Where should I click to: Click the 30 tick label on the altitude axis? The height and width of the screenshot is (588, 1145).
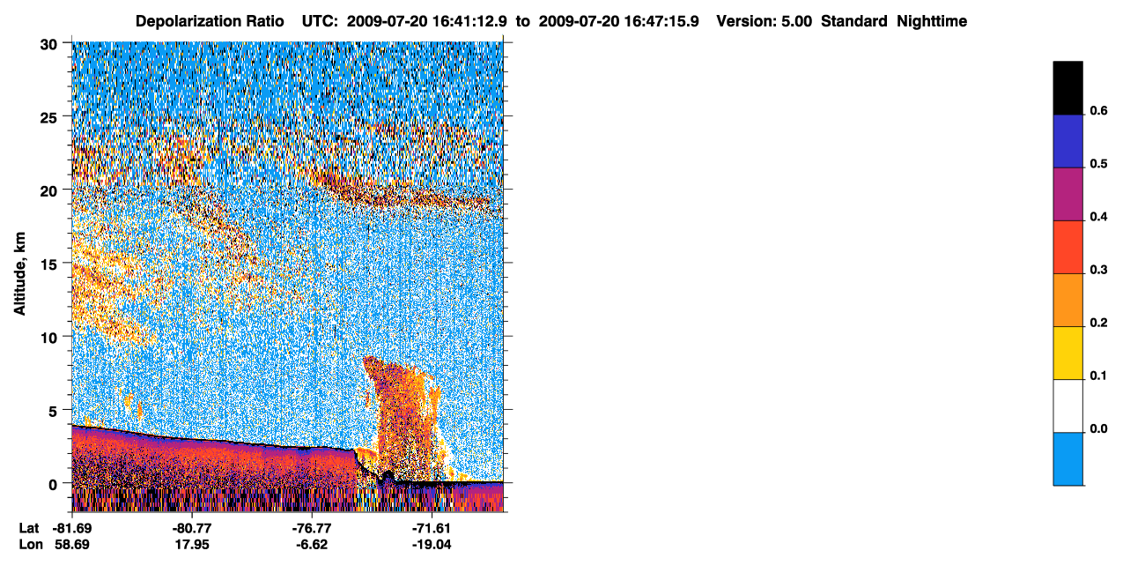click(x=48, y=45)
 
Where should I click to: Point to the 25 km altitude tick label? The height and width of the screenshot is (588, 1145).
click(x=48, y=118)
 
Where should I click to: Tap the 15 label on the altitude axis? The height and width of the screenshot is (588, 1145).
click(x=48, y=265)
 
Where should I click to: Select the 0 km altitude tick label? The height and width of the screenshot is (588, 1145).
click(x=53, y=485)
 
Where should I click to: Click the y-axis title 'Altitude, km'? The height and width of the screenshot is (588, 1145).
click(x=19, y=273)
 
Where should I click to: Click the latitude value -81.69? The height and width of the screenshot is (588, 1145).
click(x=71, y=528)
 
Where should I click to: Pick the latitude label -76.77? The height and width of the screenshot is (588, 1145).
click(x=312, y=528)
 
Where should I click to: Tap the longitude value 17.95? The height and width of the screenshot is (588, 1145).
click(x=192, y=544)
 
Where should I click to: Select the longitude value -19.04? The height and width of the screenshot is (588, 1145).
click(x=432, y=544)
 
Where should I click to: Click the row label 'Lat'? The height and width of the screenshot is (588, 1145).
click(x=29, y=528)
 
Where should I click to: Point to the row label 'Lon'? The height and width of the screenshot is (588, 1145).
click(x=31, y=544)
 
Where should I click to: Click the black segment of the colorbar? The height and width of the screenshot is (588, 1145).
click(x=1067, y=88)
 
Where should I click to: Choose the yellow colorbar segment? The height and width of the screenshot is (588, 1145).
click(x=1067, y=354)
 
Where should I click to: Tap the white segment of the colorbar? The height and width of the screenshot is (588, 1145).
click(x=1067, y=406)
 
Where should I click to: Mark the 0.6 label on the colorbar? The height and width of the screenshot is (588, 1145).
click(x=1098, y=110)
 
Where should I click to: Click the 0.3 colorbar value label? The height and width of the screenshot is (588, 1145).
click(x=1098, y=270)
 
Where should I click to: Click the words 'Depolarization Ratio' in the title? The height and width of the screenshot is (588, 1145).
click(x=210, y=21)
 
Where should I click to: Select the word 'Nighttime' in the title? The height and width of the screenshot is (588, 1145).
click(x=932, y=21)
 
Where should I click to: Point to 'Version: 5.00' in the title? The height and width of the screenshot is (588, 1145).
click(x=765, y=21)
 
